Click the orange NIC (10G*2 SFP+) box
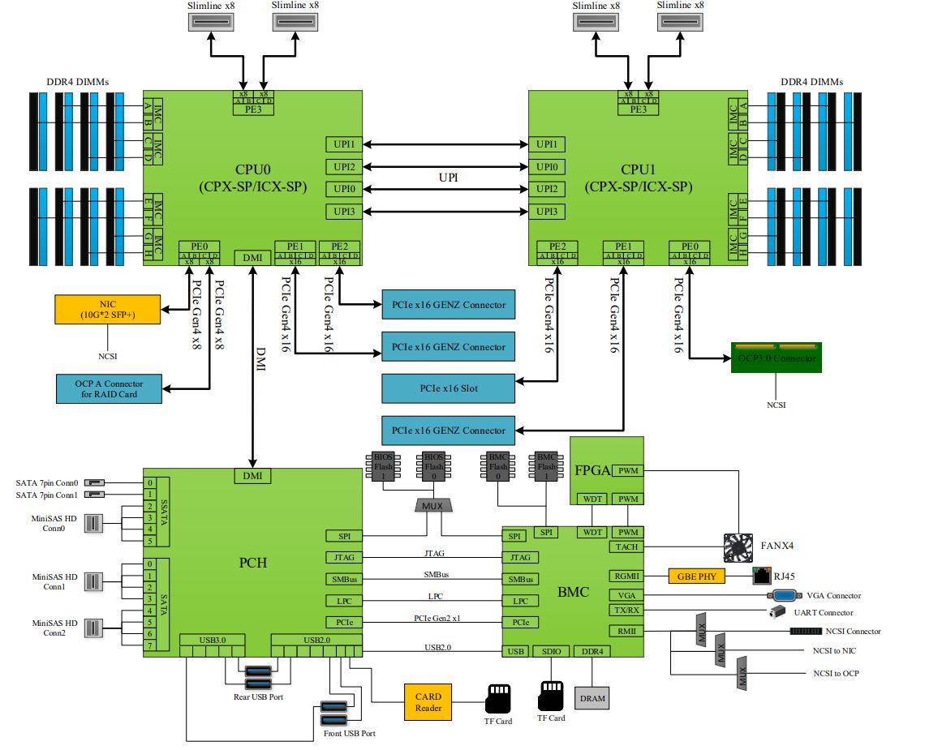[108, 309]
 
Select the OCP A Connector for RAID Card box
[108, 388]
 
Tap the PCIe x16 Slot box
[449, 388]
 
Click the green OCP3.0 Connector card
[776, 357]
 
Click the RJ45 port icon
[762, 576]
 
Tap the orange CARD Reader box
[428, 702]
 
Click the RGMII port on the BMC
[626, 576]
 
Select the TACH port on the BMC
[626, 547]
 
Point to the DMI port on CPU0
[252, 257]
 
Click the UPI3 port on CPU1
[547, 212]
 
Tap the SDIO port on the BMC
[552, 652]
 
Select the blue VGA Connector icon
[775, 595]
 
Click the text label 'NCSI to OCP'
[836, 673]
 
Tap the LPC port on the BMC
[520, 602]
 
